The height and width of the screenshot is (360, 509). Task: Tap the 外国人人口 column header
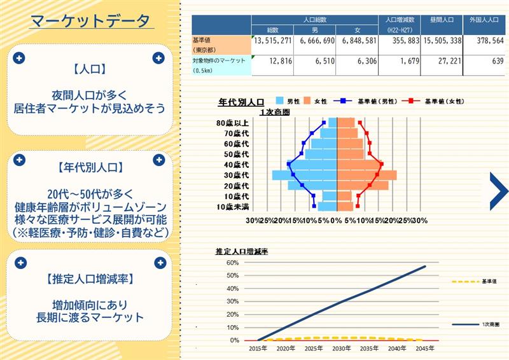point(484,20)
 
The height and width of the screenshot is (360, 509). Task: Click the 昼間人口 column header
point(442,20)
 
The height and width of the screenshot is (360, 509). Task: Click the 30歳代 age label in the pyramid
point(236,176)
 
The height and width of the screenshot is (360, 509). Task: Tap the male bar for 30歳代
point(305,176)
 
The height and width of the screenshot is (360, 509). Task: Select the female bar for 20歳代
point(363,185)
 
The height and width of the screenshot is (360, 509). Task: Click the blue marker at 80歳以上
point(324,122)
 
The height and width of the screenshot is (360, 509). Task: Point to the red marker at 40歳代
point(382,164)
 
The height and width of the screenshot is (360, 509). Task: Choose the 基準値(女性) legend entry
point(433,101)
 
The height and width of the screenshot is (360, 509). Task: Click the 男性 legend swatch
point(279,101)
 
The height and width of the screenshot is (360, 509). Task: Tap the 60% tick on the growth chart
point(232,263)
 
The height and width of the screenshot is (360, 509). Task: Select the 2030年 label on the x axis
point(342,349)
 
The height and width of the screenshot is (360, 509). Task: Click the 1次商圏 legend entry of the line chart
point(475,324)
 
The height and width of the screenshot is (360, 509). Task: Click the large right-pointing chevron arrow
point(499,191)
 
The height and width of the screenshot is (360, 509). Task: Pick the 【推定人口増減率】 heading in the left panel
point(90,279)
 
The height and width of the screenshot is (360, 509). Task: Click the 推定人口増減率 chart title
point(242,252)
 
